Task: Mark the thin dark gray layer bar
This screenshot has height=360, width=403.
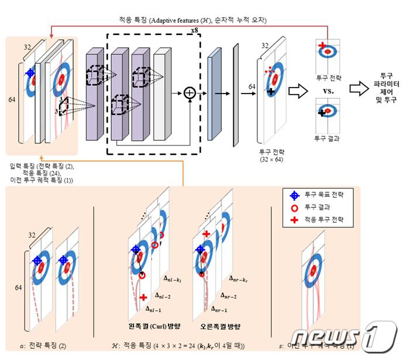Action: pyautogui.click(x=236, y=92)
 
